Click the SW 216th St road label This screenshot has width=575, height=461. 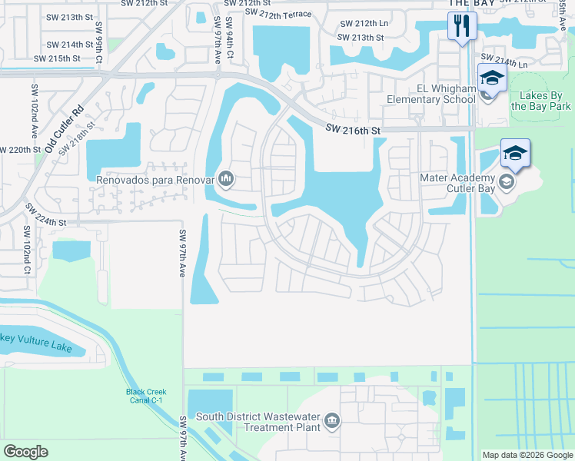353,131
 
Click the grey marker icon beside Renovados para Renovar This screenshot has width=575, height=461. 226,179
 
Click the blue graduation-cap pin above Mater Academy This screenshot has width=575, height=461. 515,152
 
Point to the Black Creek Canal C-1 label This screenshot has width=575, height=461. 146,396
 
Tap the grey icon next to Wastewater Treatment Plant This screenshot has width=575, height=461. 332,420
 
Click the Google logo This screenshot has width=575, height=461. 25,452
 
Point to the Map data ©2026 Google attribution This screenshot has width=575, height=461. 527,455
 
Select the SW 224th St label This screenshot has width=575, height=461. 47,215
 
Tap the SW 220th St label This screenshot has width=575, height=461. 21,150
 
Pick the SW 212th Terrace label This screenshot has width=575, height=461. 278,14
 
